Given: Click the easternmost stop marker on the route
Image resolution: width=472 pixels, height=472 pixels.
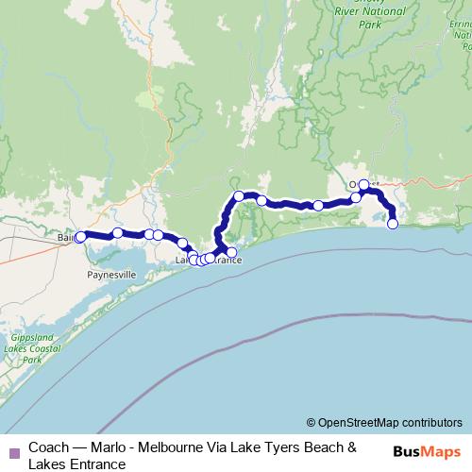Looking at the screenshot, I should (393, 224).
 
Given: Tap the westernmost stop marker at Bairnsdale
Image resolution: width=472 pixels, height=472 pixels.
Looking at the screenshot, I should (80, 237).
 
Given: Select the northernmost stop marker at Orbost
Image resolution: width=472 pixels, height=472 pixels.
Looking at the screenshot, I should (363, 185).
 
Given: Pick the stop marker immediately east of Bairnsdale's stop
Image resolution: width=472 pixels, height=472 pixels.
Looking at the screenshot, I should (117, 232).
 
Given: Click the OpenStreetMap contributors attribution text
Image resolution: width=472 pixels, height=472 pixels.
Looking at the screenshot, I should (384, 422).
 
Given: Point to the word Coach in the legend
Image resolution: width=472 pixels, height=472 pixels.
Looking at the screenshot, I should (48, 447).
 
